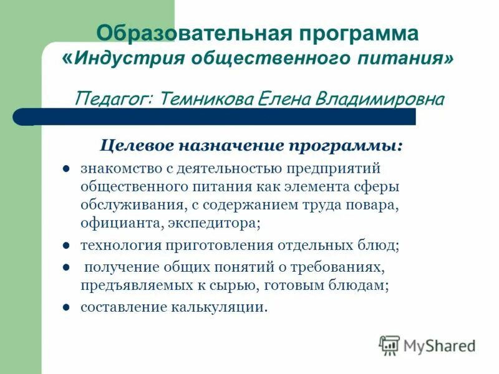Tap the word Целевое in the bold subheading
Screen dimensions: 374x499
137,146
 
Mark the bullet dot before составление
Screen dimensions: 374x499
65,307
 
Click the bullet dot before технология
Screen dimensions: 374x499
65,244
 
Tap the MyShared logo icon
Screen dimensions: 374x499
389,345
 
